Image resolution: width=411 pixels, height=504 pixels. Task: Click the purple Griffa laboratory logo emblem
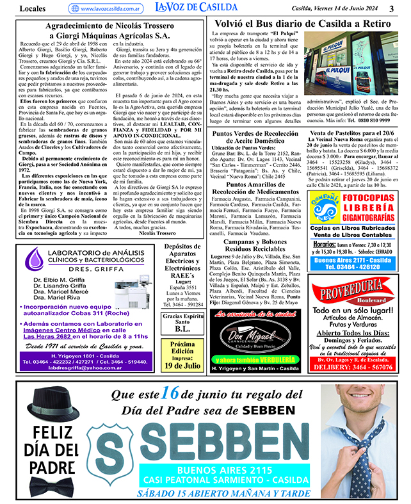tap(36, 259)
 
